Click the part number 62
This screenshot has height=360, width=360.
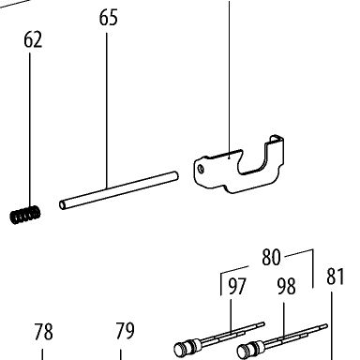[x=33, y=40]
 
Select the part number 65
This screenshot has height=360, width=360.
[x=109, y=18]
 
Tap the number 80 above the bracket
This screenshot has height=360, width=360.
[x=271, y=257]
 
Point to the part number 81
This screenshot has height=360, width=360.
[x=336, y=277]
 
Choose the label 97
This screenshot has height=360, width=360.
[x=237, y=286]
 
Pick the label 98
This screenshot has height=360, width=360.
[x=286, y=286]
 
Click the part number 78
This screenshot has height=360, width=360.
[x=43, y=332]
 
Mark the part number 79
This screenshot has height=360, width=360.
[x=125, y=331]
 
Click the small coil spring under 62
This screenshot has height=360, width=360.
[x=25, y=215]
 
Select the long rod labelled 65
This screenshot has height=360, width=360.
[x=119, y=190]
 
